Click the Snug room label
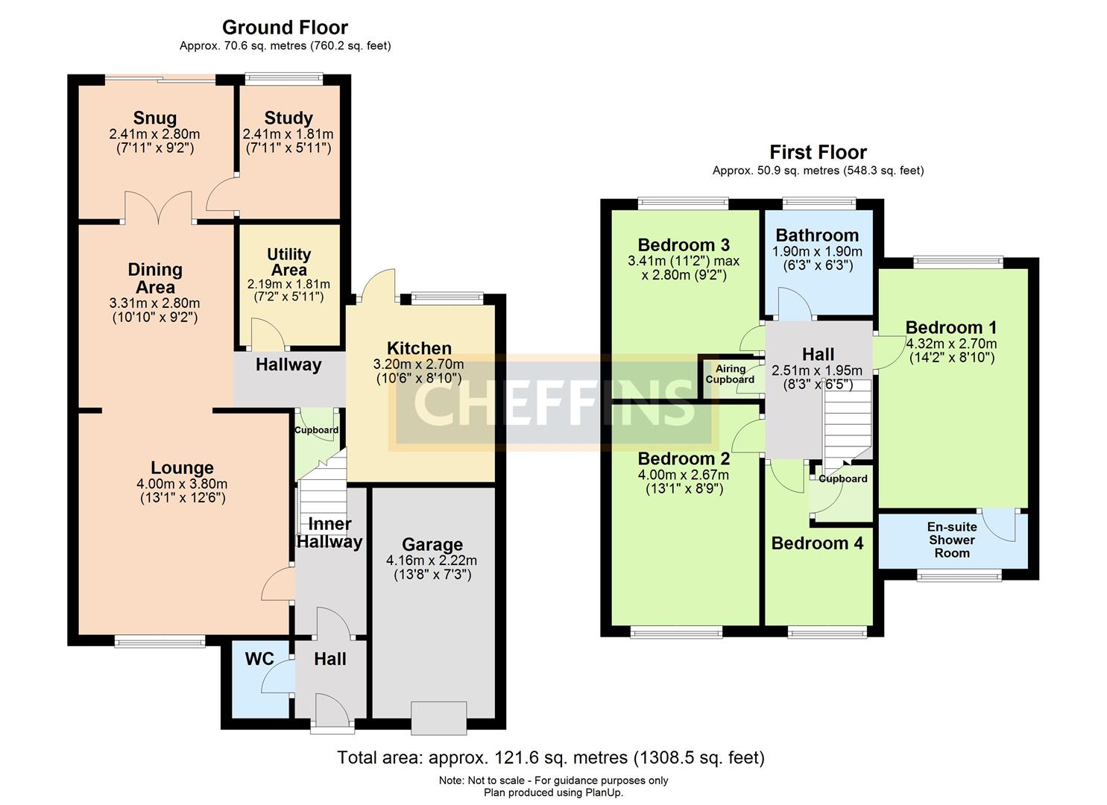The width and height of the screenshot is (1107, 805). coord(155,118)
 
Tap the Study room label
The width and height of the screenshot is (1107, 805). coord(288,118)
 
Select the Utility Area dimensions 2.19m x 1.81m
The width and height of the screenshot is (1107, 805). coord(288,284)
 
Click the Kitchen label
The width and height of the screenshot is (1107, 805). coord(419,348)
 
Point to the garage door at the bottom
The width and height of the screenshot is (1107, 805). coord(439,718)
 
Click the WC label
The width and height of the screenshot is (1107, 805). coord(259,659)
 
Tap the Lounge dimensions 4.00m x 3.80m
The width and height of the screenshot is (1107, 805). coord(182,484)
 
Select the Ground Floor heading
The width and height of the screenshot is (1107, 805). coord(285,28)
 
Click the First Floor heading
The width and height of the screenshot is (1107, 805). coord(818,152)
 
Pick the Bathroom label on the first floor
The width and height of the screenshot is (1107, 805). coord(817,235)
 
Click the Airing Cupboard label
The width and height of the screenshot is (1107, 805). coord(730,374)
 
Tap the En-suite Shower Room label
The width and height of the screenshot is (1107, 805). coord(952,540)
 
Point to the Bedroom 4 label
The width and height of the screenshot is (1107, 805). coord(817,543)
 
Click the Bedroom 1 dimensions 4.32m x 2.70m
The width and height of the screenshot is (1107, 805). coord(951,344)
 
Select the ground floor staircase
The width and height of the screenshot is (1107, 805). coord(324,493)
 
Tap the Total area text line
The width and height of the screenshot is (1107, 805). coord(551,758)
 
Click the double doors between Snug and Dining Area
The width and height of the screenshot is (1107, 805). coord(158,208)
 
